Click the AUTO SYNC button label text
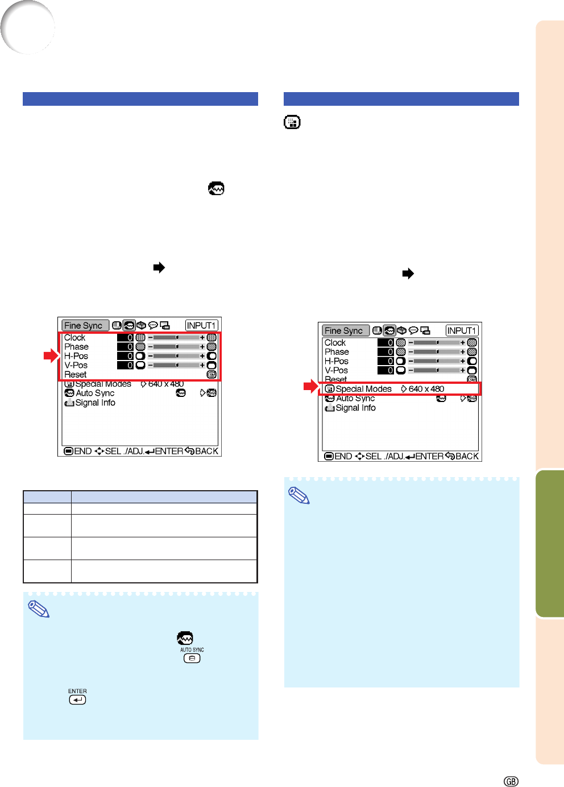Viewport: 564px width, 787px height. tap(192, 649)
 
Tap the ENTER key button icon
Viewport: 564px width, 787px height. tap(77, 700)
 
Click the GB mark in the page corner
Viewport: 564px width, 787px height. tap(511, 781)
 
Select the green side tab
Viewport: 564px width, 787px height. tap(550, 543)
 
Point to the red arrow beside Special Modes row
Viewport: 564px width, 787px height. tap(311, 387)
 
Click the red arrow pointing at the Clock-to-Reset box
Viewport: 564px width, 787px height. tap(51, 355)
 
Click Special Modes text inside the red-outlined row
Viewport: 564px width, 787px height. tap(363, 389)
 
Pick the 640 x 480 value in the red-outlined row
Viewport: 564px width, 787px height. tap(426, 389)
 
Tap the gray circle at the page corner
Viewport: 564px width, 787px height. tap(28, 27)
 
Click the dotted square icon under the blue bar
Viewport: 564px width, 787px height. tap(292, 122)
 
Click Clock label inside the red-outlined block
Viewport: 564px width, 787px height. tap(74, 338)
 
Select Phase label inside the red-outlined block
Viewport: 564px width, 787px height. tap(76, 347)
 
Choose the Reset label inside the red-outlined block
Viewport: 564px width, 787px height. tap(75, 375)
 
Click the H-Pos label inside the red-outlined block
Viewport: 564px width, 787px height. tap(76, 356)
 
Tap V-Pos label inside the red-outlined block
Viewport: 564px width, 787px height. tap(76, 366)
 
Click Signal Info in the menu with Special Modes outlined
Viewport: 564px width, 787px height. tap(355, 408)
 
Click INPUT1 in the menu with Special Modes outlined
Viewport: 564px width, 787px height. tap(462, 330)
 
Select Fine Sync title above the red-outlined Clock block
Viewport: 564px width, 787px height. tap(83, 325)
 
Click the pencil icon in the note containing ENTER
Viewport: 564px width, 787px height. tap(39, 609)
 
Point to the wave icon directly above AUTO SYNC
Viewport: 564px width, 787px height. tap(185, 638)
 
